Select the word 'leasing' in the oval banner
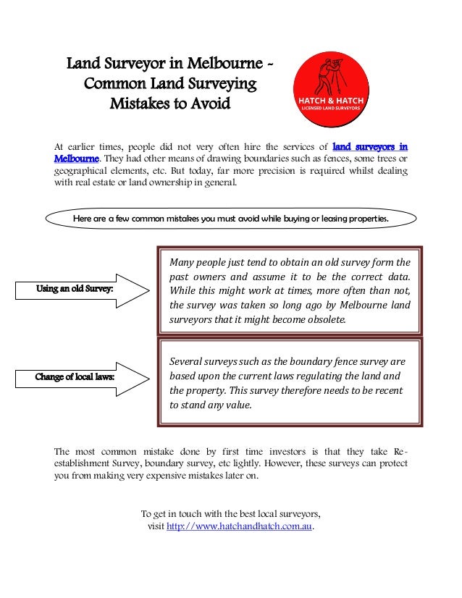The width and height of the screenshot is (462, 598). click(320, 218)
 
